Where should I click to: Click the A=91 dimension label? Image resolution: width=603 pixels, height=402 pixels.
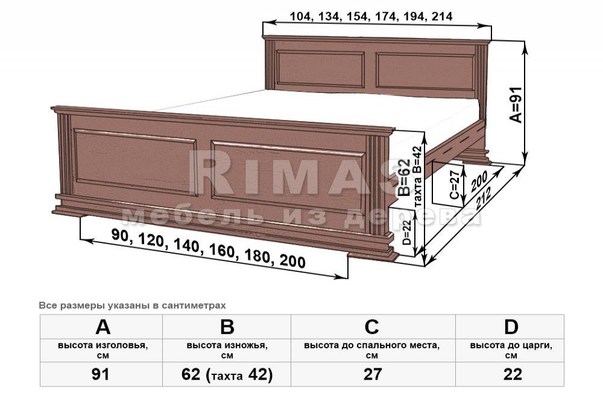[516, 104]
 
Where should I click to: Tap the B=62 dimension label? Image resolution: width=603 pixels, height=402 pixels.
[404, 178]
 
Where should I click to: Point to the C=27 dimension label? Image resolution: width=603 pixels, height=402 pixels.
[455, 185]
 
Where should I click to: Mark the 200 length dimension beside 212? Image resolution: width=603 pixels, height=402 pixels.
[479, 181]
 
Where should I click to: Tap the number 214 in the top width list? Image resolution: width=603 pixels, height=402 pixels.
[442, 16]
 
